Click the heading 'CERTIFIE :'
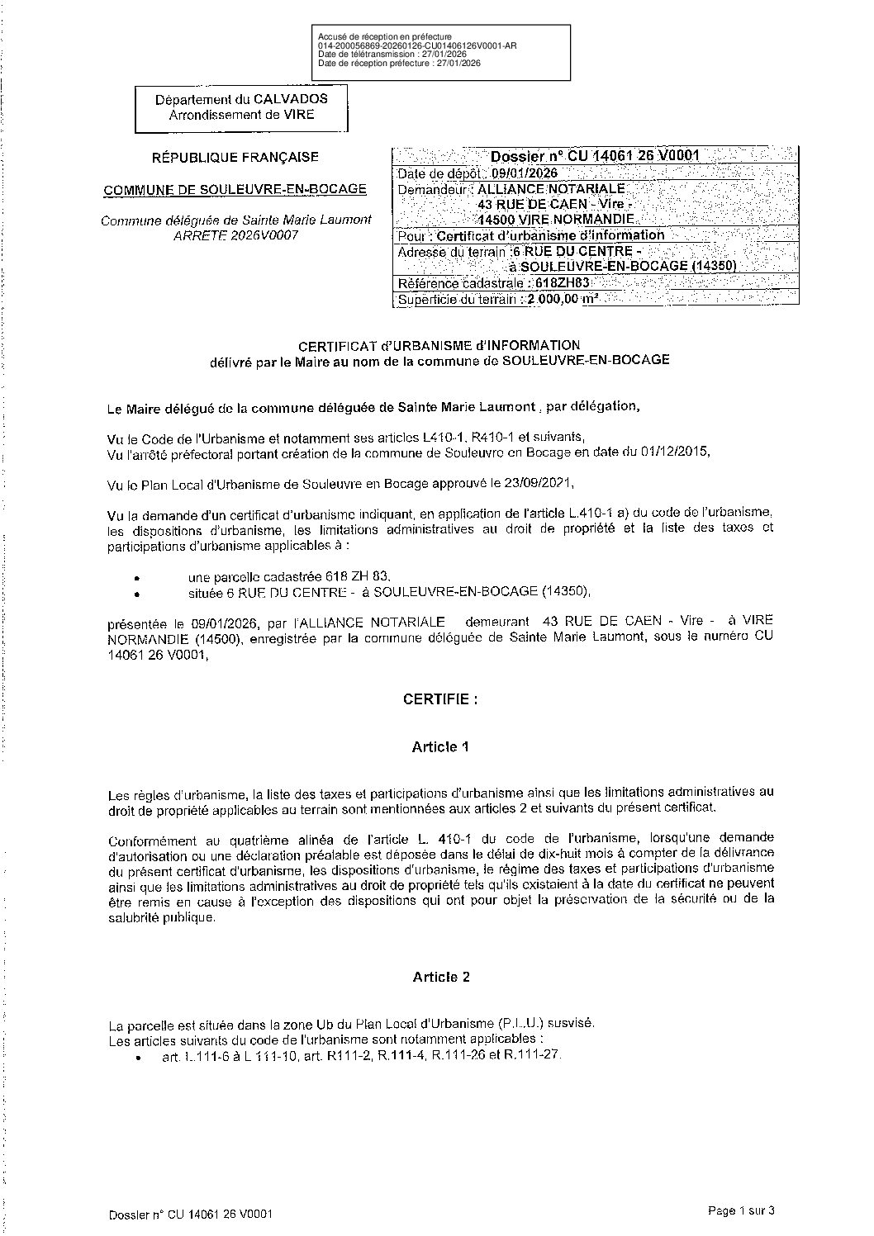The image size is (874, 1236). point(440,699)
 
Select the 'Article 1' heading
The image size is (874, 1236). point(440,747)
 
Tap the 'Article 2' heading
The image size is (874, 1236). point(441,977)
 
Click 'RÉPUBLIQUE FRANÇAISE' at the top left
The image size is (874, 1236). point(235,157)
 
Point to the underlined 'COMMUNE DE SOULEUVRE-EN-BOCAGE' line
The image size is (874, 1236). point(235,189)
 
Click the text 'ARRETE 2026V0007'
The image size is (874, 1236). point(235,235)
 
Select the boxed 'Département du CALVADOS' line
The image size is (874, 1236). point(241,99)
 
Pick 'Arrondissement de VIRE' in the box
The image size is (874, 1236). point(241,115)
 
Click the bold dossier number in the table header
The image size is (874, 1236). point(595,156)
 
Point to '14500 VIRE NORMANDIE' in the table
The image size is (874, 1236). point(557,220)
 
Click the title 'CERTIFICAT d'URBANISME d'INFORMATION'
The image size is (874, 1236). point(439,345)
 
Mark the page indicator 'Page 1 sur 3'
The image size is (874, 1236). point(741,1211)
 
